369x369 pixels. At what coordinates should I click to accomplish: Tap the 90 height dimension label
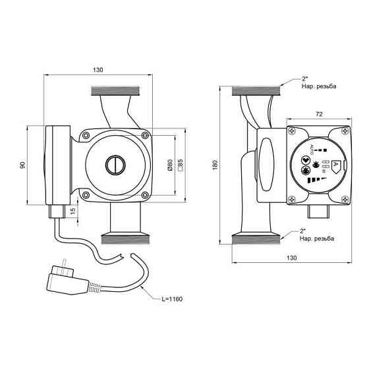pos(22,164)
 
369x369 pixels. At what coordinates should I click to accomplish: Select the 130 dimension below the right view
pos(291,258)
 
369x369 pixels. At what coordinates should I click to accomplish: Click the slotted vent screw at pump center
pos(115,164)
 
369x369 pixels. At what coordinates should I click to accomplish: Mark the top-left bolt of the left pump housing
pos(86,136)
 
